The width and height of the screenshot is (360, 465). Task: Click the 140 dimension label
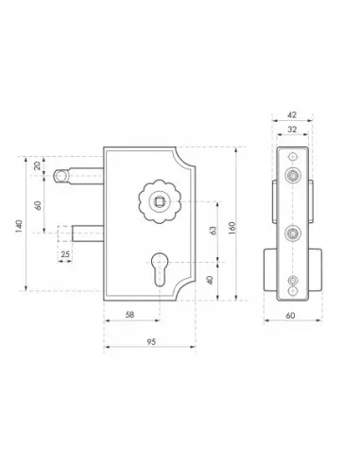pyautogui.click(x=19, y=226)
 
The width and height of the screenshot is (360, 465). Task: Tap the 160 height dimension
pyautogui.click(x=231, y=228)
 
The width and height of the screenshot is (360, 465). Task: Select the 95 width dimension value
pyautogui.click(x=151, y=342)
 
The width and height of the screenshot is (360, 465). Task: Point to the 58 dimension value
pyautogui.click(x=129, y=315)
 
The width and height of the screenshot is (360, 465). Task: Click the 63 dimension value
pyautogui.click(x=214, y=231)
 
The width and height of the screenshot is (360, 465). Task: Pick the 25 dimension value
pyautogui.click(x=65, y=253)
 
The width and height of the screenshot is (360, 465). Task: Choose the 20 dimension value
pyautogui.click(x=38, y=165)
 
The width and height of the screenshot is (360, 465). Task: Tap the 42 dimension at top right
pyautogui.click(x=292, y=115)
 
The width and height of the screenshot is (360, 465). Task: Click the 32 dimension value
pyautogui.click(x=292, y=129)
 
